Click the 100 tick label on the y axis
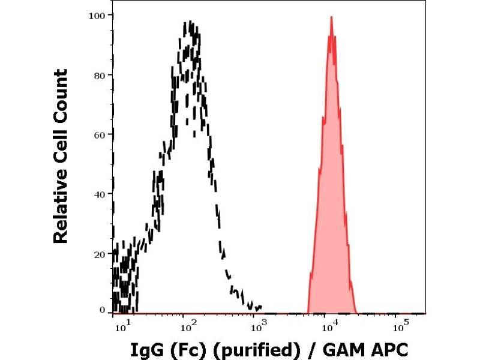tap(97, 15)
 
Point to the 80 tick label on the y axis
tap(100, 75)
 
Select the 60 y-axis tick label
tap(100, 134)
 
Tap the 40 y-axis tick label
tap(100, 194)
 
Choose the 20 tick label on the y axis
tap(100, 253)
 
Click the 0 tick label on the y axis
tap(103, 310)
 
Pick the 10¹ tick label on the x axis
tap(120, 326)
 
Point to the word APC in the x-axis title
tap(389, 349)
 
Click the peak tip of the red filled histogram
tap(331, 17)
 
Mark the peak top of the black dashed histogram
tap(191, 22)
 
